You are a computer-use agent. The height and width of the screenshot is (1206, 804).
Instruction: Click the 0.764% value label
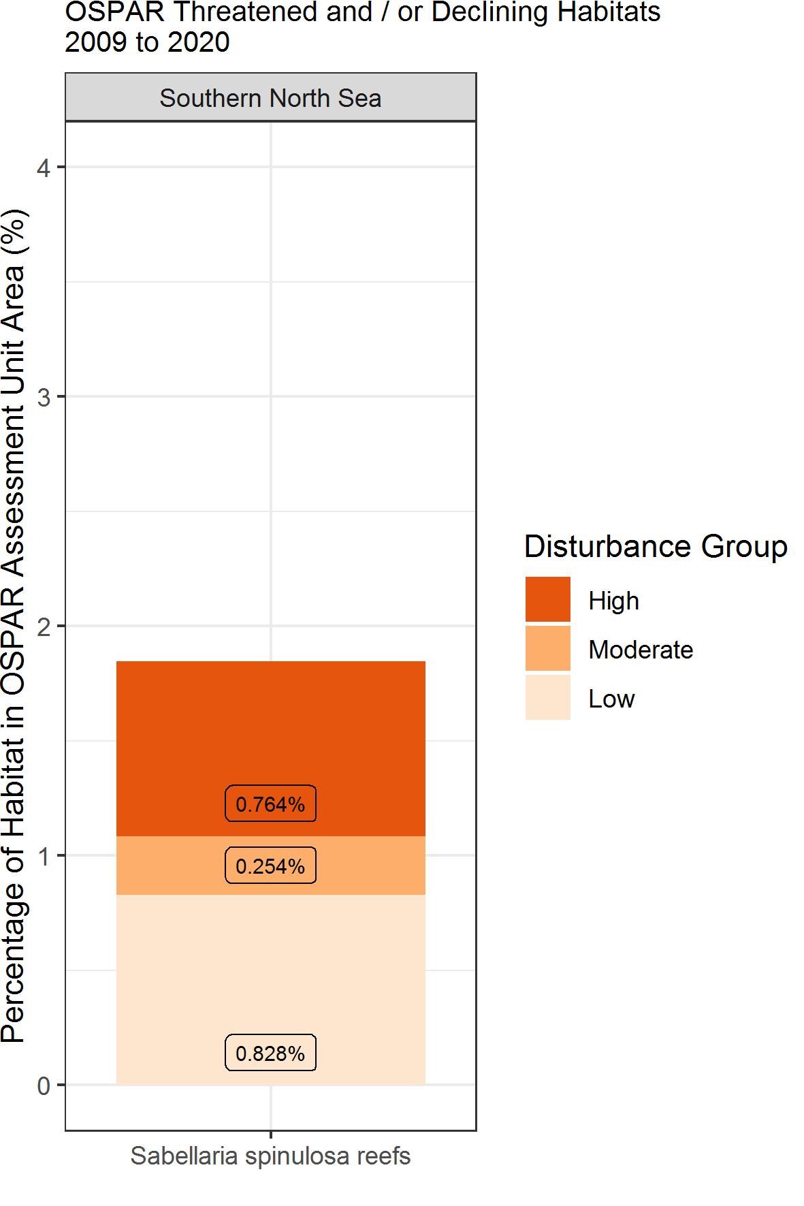[270, 804]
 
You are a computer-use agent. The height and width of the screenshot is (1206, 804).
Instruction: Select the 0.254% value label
[270, 866]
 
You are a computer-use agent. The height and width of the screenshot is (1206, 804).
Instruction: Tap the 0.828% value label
[270, 1053]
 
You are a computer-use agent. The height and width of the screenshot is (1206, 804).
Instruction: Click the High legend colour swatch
[547, 600]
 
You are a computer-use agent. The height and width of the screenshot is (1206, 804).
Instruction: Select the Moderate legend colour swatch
[547, 649]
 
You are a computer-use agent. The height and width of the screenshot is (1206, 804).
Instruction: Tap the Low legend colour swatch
[547, 698]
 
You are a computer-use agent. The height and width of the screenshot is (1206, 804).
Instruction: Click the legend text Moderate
[641, 650]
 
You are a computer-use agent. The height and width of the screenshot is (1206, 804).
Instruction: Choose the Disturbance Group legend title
[656, 547]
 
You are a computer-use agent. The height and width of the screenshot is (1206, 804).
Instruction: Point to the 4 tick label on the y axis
[44, 168]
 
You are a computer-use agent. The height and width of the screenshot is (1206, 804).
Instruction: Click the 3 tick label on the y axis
[44, 397]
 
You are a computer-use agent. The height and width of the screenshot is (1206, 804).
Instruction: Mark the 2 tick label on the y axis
[44, 626]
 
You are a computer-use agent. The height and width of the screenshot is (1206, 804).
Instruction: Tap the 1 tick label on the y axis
[44, 856]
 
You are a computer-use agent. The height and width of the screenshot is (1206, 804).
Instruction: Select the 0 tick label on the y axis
[44, 1085]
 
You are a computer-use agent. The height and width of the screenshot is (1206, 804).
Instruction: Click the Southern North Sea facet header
[270, 98]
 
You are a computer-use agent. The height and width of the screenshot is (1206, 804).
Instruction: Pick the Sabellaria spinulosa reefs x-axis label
[270, 1156]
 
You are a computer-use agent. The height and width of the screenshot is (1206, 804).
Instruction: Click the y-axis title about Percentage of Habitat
[14, 626]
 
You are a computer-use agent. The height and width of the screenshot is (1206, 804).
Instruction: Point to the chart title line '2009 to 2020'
[147, 42]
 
